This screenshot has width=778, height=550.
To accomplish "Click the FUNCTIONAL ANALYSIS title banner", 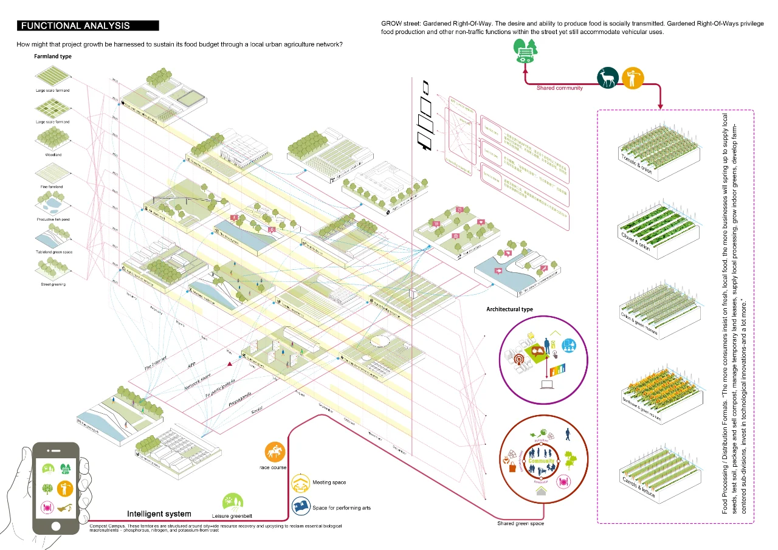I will point(88,26).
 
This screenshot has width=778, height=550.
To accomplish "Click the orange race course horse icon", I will point(275,452).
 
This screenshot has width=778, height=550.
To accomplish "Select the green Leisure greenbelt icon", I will point(233,503).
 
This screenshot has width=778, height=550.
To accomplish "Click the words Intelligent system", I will point(159,514).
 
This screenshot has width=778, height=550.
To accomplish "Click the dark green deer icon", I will point(607,77).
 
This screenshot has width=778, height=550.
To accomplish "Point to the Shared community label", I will point(559,88).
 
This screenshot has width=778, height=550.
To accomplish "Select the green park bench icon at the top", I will point(524,50).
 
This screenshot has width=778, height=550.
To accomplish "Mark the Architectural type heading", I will point(509,309).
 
